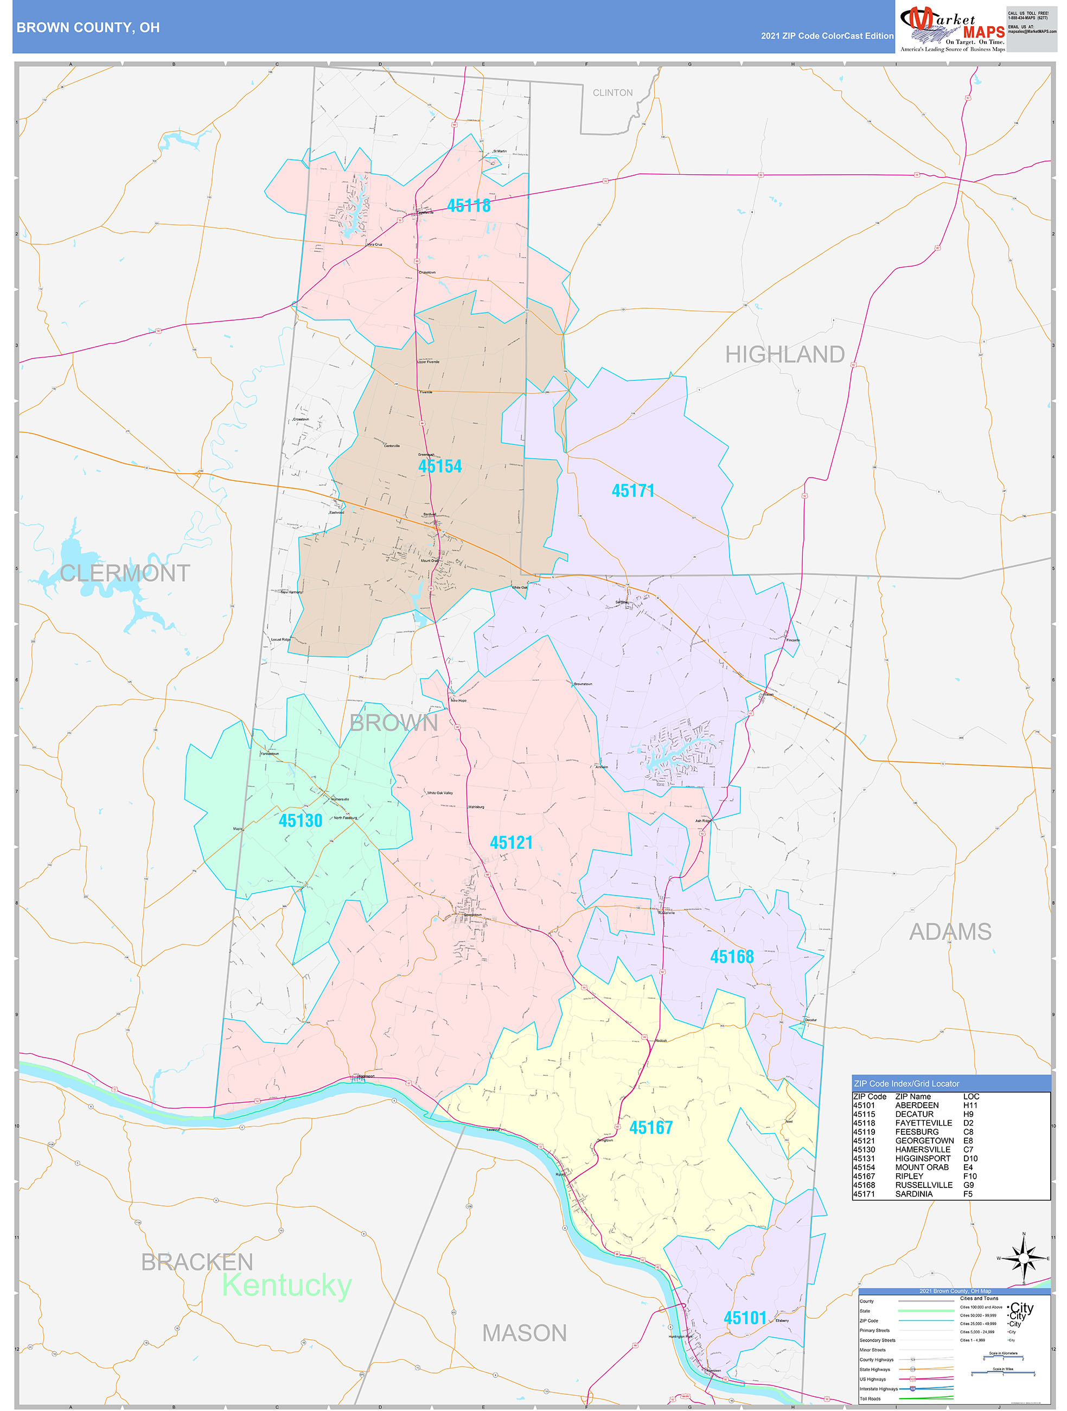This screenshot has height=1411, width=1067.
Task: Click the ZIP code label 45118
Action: point(469,205)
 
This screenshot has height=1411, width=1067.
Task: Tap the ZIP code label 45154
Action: point(440,466)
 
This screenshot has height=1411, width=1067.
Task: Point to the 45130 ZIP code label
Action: point(301,821)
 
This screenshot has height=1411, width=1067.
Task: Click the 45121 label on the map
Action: point(511,843)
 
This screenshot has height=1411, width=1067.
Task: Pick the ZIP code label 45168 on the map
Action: point(732,957)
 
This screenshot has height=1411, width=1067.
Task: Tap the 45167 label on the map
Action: point(650,1128)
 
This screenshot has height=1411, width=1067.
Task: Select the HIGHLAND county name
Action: point(784,355)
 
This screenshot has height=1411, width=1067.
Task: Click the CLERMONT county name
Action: point(125,574)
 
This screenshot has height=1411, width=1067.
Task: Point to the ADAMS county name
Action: point(950,932)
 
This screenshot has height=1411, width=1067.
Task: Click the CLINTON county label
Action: point(612,93)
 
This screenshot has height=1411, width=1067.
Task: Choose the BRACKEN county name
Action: point(197,1262)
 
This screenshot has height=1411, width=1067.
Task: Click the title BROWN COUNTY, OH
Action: point(88,28)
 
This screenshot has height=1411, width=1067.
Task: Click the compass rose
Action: point(1024,1259)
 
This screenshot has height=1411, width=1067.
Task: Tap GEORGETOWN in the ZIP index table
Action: point(924,1141)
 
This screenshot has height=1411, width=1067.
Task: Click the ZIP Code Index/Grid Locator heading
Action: point(906,1083)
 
